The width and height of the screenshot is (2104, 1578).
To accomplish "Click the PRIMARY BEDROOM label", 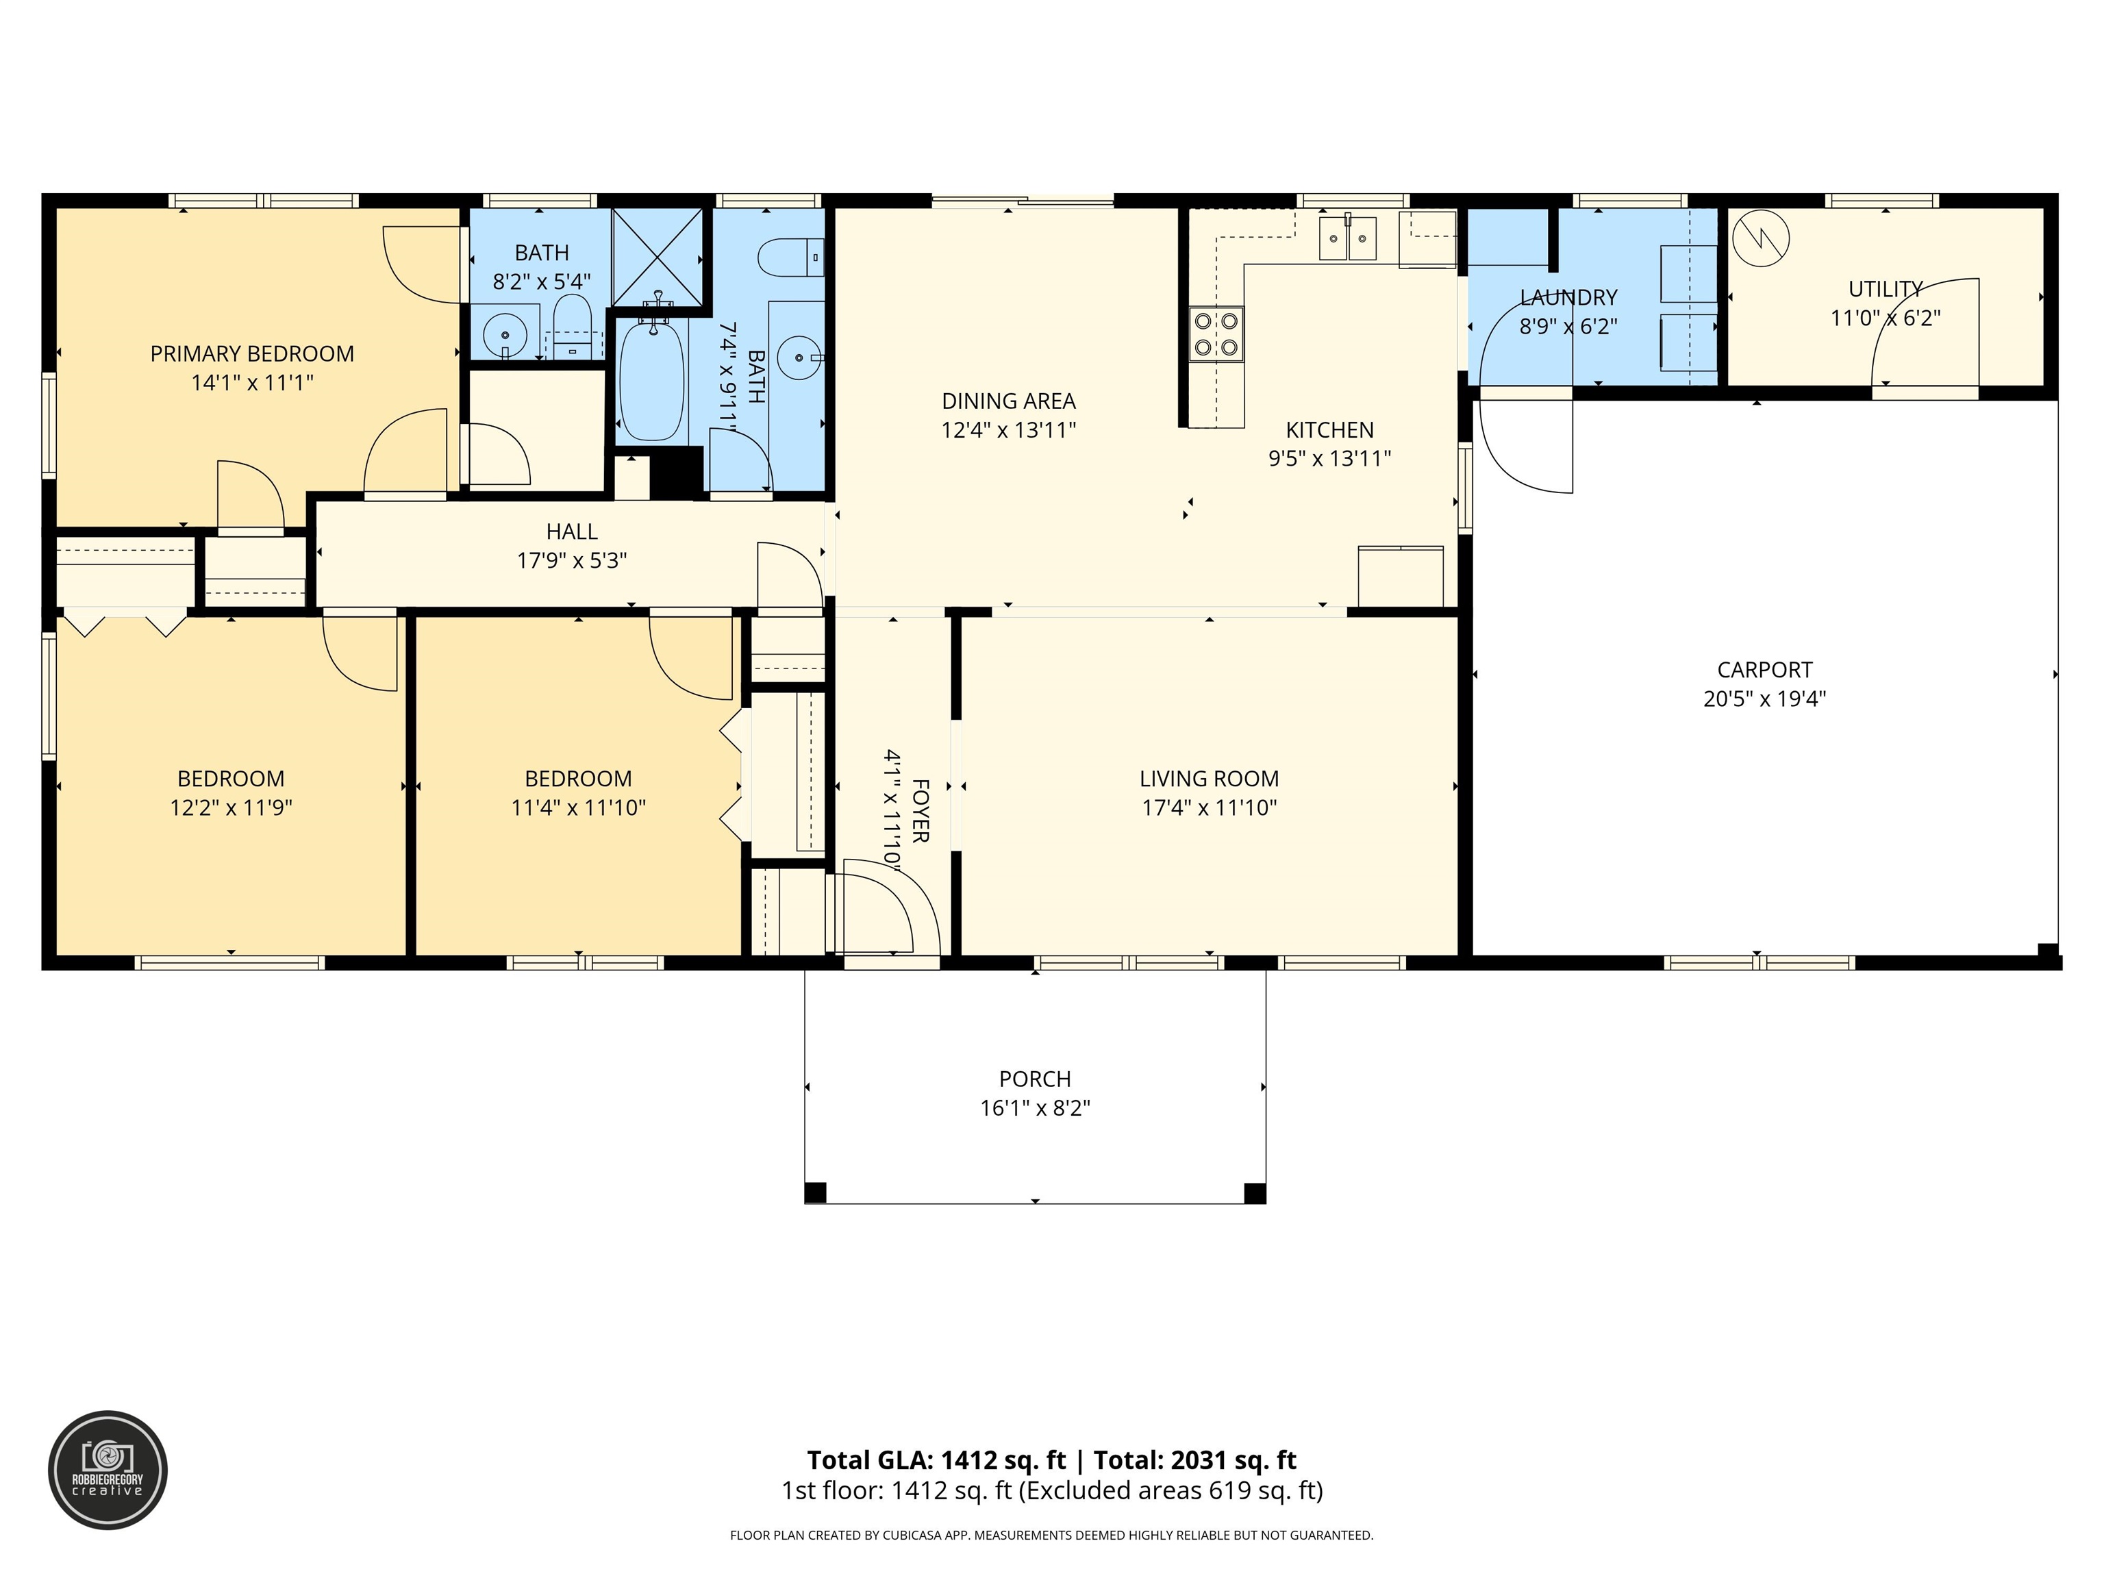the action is [x=252, y=354].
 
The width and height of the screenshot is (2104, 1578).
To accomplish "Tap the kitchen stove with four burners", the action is [x=1216, y=334].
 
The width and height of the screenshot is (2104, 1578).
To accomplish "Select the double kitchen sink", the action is [x=1347, y=238].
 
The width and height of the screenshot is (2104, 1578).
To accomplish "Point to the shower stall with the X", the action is [x=658, y=257].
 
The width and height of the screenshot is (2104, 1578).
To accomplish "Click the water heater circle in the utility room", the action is [x=1761, y=238].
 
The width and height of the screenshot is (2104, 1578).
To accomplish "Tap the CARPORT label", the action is [x=1764, y=670].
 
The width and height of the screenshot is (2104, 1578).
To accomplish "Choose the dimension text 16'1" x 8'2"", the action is [x=1035, y=1108].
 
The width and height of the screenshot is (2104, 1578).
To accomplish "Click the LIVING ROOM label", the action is [x=1209, y=779].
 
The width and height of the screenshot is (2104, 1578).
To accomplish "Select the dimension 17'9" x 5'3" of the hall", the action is [x=572, y=560].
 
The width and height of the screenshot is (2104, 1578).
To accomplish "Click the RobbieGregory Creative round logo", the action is [x=108, y=1470].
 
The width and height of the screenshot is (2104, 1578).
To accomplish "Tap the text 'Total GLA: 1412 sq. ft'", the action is [x=937, y=1460].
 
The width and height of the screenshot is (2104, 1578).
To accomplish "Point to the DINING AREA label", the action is [x=1008, y=401].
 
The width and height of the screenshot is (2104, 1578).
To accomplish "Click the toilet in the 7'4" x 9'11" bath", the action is [x=790, y=257].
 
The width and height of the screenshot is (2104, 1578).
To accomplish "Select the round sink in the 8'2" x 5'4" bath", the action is [x=504, y=335].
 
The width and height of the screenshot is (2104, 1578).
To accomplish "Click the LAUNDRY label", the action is [x=1568, y=298].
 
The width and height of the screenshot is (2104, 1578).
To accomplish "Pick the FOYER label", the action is [x=920, y=810].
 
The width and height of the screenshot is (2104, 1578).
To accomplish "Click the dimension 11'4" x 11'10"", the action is [x=578, y=807].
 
